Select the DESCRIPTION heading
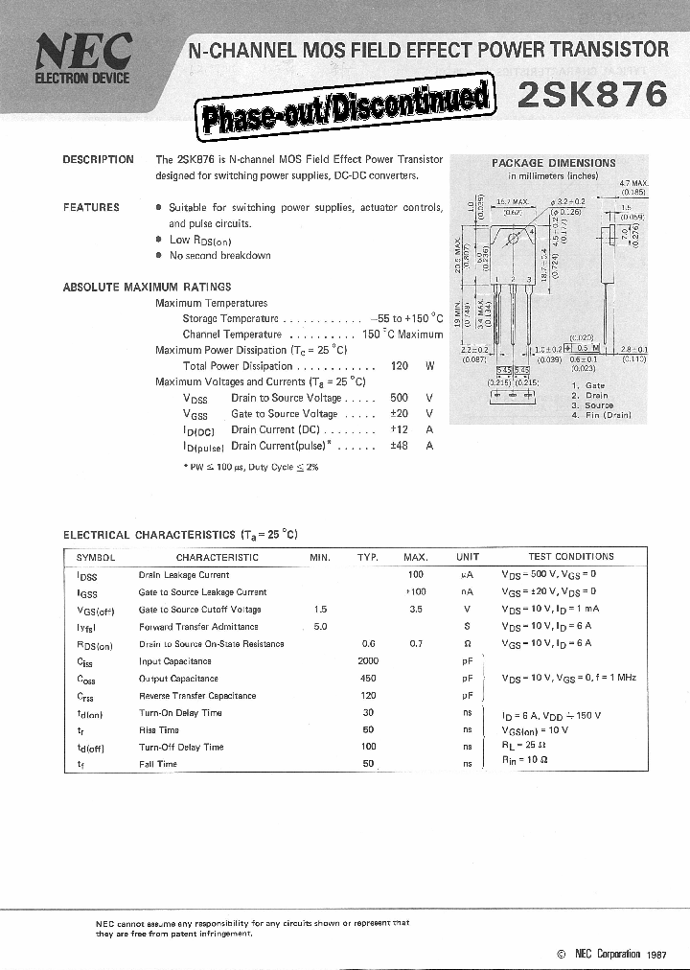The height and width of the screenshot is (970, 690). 98,160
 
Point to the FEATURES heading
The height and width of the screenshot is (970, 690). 91,207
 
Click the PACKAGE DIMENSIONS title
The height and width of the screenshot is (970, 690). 554,163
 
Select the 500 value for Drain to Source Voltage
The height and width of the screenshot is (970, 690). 400,398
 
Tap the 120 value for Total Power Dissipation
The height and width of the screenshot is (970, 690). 400,366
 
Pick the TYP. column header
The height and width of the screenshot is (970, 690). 368,557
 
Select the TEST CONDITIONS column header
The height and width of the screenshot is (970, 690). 571,557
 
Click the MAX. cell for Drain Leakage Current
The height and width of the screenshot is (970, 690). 416,575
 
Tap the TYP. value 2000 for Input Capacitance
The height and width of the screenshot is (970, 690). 368,661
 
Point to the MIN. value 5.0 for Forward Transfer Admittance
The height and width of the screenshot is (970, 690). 320,627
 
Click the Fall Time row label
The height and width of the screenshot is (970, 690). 158,764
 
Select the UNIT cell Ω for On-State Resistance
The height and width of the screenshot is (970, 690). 467,644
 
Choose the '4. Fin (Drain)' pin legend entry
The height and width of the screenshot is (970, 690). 601,415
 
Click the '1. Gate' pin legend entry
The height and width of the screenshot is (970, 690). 588,386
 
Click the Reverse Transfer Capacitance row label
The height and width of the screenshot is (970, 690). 197,696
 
